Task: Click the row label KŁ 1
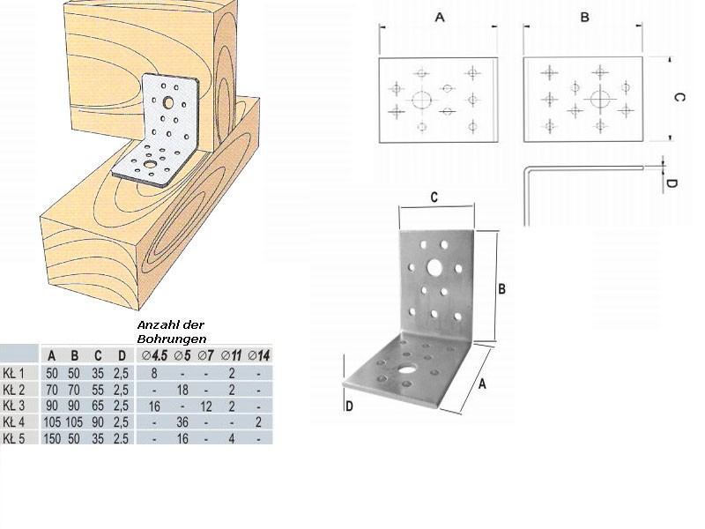pyautogui.click(x=13, y=373)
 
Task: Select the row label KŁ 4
pyautogui.click(x=13, y=422)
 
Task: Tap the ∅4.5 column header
pyautogui.click(x=154, y=356)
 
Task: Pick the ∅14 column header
pyautogui.click(x=259, y=356)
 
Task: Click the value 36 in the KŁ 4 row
pyautogui.click(x=182, y=422)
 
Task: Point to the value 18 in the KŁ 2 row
pyautogui.click(x=182, y=390)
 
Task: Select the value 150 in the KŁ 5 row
pyautogui.click(x=52, y=438)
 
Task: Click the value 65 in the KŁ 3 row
pyautogui.click(x=98, y=406)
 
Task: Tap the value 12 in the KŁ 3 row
pyautogui.click(x=206, y=406)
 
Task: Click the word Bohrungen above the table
pyautogui.click(x=172, y=339)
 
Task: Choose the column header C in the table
pyautogui.click(x=98, y=356)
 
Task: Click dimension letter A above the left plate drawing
pyautogui.click(x=440, y=18)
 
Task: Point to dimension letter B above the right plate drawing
pyautogui.click(x=584, y=17)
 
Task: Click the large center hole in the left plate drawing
pyautogui.click(x=422, y=100)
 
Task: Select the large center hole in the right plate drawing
pyautogui.click(x=599, y=99)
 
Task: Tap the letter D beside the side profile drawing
pyautogui.click(x=671, y=183)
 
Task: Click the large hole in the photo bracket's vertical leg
pyautogui.click(x=434, y=267)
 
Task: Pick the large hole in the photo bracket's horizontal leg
pyautogui.click(x=408, y=369)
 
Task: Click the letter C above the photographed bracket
pyautogui.click(x=434, y=197)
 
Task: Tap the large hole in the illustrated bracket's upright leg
pyautogui.click(x=168, y=102)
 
